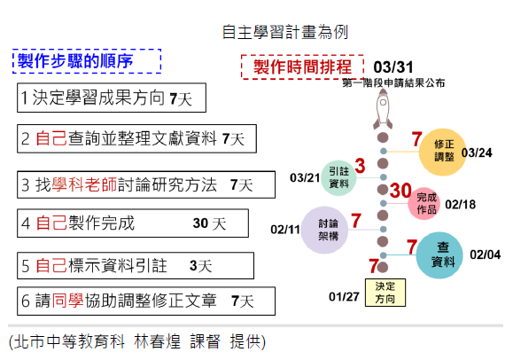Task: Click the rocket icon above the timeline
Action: coord(383,109)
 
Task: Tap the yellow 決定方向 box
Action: coord(385,293)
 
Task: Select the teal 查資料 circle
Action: coord(439,255)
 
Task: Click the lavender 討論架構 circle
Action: coord(324,230)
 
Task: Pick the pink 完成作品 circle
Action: coord(424,203)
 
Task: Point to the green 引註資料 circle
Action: coord(338,177)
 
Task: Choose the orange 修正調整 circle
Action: coord(443,152)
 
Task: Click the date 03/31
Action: coord(393,67)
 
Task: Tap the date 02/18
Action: coord(461,205)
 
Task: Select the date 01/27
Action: coord(344,297)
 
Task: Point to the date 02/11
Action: coord(285,230)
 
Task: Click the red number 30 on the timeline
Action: coord(400,191)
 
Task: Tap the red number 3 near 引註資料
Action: coord(360,166)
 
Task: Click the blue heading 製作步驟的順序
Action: coord(75,61)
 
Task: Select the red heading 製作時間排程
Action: coord(302,67)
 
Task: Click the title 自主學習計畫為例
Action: coord(284,32)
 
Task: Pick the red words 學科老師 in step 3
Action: coord(84,184)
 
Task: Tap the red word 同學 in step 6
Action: coord(68,301)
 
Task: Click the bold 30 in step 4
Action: coord(200,223)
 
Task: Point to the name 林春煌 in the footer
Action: coord(157,341)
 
